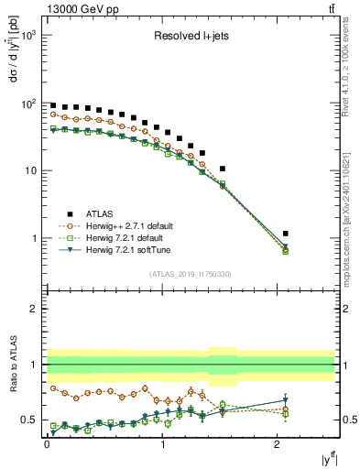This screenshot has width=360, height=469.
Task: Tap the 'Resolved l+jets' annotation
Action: coord(191,36)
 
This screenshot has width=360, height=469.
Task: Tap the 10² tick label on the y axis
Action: coord(29,104)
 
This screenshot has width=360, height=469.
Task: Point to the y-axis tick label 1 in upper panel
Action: coord(36,238)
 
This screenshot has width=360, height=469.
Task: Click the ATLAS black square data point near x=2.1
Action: coord(286,234)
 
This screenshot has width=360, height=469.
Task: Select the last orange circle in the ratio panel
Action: coord(286,409)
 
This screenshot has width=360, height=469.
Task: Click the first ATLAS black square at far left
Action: coord(53,105)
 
